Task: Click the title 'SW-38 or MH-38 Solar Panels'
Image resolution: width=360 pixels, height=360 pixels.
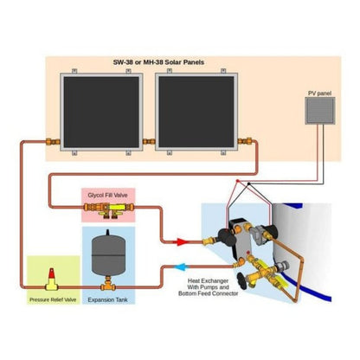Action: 178,63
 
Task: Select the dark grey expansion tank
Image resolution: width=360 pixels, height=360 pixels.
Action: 106,255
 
